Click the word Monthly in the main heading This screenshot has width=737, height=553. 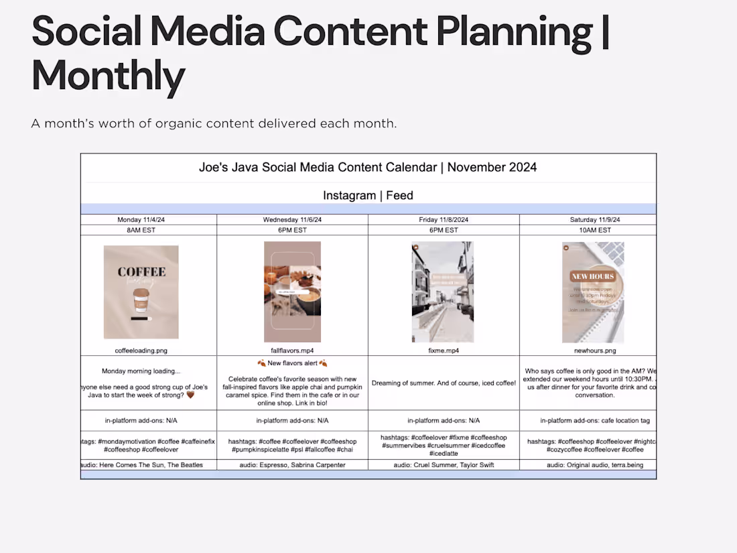(108, 76)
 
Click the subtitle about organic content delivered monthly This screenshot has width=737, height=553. (214, 123)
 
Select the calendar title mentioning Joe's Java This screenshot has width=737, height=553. (368, 167)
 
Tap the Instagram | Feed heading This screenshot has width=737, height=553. (368, 196)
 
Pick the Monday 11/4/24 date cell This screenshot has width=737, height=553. (149, 220)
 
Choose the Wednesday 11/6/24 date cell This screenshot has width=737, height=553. (292, 220)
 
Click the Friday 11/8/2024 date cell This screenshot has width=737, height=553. (444, 220)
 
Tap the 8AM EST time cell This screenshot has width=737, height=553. (149, 230)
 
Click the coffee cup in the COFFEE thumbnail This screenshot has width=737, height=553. (141, 300)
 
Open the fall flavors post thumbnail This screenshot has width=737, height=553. (292, 292)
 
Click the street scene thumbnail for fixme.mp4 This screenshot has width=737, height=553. (442, 292)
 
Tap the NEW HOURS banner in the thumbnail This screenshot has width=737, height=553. (593, 276)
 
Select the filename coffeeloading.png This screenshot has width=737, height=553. (141, 350)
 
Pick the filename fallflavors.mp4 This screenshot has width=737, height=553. (292, 350)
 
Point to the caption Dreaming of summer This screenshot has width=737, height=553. (444, 383)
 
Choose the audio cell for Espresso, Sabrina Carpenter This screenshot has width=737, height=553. (292, 465)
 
